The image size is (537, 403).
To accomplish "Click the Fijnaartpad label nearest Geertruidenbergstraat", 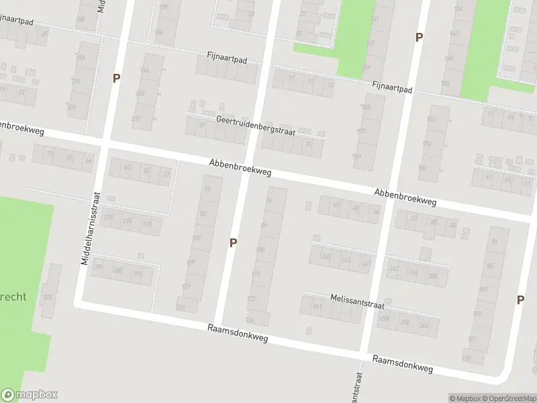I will pos(228,60).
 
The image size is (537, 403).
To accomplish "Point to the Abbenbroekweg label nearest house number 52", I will pos(240,167).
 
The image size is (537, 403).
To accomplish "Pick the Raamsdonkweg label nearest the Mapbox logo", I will pos(238,334).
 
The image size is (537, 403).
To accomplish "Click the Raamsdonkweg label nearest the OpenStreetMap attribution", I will pos(402,363).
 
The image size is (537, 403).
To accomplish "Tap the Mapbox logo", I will pos(29,395).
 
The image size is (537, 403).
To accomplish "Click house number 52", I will pos(166,175).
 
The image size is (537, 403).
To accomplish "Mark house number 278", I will pos(147,224).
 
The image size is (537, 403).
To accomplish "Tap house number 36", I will pos(375,212).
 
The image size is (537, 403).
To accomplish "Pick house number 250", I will pos(432,275).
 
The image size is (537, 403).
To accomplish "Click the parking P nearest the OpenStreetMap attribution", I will pos(520,300).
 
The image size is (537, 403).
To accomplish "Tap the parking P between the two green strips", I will pos(419,38).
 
